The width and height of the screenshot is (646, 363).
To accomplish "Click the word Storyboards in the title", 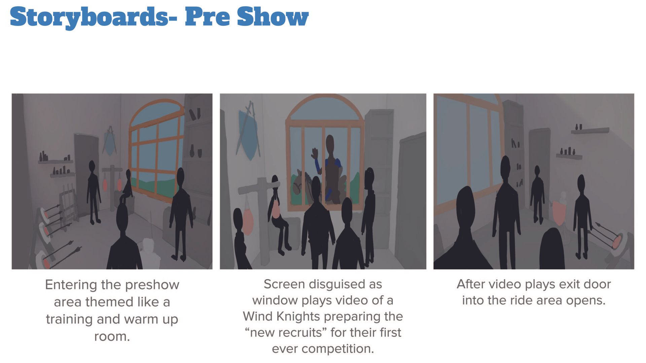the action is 89,17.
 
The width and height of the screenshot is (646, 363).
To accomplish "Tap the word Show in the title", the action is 273,16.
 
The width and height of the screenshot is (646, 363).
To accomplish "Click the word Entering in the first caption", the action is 71,285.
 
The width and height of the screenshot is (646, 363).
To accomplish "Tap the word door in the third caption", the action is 598,284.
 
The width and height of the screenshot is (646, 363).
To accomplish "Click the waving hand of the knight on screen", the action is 315,154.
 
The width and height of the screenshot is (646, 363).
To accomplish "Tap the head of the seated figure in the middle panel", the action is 275,180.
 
